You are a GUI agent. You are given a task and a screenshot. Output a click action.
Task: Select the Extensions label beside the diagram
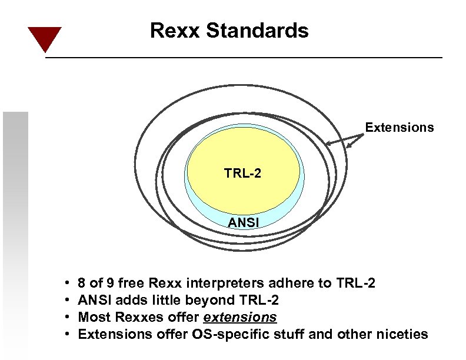click(400, 128)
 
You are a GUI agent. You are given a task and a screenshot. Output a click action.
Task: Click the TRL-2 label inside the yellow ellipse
click(242, 174)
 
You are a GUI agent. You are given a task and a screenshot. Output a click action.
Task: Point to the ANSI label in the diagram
click(243, 222)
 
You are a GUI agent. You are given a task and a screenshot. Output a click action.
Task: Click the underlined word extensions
click(239, 318)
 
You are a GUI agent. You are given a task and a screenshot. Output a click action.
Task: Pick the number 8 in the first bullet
click(82, 284)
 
